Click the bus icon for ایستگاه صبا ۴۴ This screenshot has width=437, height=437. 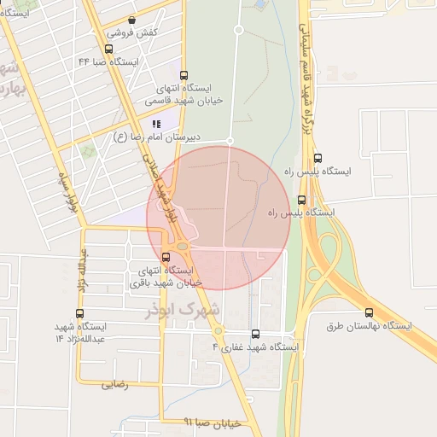click(108, 49)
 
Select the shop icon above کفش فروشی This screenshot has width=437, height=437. click(131, 19)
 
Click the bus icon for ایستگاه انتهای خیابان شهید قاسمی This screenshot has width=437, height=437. click(185, 74)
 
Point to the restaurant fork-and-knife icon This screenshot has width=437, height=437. click(155, 123)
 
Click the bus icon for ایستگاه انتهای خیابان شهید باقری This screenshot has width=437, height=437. click(166, 257)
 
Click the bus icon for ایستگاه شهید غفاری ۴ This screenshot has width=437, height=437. click(255, 334)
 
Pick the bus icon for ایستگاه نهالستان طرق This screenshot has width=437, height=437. click(369, 312)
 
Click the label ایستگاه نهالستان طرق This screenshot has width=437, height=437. click(369, 326)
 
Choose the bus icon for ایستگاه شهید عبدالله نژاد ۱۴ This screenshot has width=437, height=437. click(79, 313)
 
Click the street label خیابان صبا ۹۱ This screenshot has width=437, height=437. click(213, 422)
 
